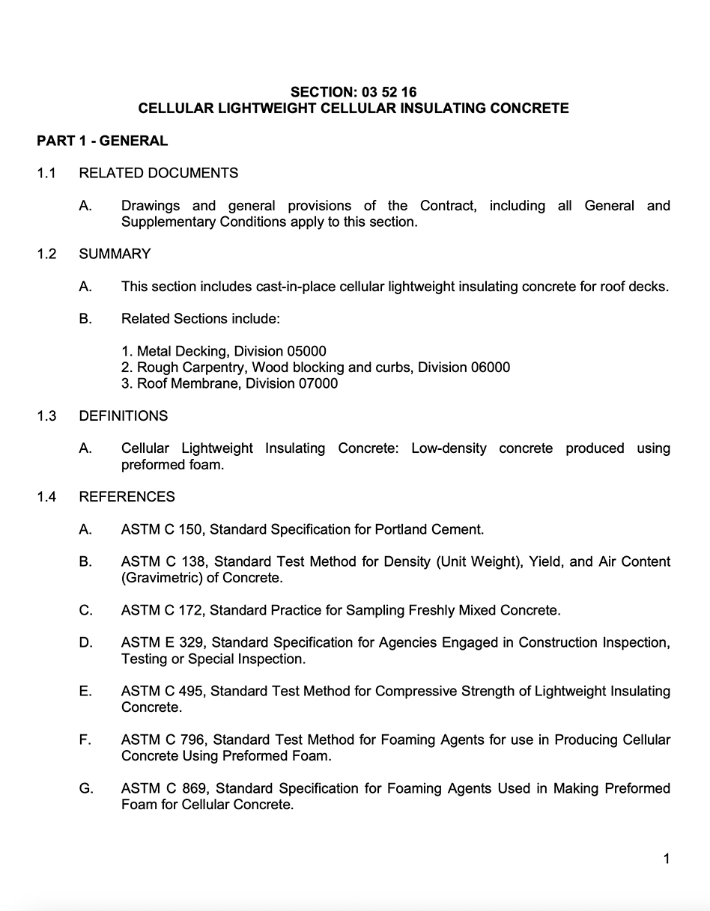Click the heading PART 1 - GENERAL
tap(102, 141)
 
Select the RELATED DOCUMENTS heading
tap(158, 173)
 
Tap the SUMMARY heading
tap(115, 254)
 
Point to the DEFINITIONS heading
tap(124, 415)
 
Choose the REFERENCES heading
tap(127, 496)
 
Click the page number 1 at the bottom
tap(666, 859)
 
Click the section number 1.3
tap(46, 415)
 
